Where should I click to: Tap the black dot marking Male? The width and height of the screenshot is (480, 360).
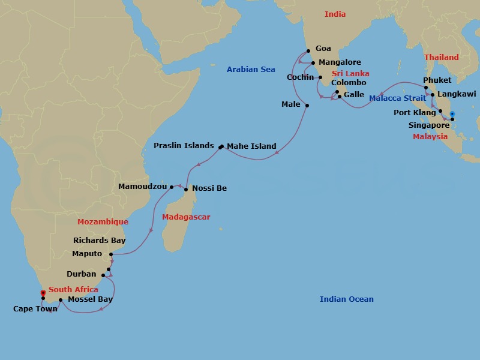click(307, 106)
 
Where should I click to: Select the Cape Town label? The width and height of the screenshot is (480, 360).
click(35, 309)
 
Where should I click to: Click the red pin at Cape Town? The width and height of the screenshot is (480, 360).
click(43, 293)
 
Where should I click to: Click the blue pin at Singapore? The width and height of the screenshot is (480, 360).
click(452, 114)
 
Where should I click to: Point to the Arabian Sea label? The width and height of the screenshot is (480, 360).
click(251, 70)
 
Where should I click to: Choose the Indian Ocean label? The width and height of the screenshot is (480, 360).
click(346, 299)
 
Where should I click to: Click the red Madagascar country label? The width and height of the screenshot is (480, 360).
click(186, 217)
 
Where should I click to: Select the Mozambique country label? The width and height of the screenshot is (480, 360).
click(103, 222)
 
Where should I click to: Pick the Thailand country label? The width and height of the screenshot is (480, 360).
click(441, 58)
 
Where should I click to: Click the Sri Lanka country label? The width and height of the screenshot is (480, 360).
click(350, 74)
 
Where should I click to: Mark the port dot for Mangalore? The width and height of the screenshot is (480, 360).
click(313, 62)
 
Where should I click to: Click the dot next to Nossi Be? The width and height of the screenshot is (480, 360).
click(186, 190)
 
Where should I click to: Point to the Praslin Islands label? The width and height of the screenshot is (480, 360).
click(184, 146)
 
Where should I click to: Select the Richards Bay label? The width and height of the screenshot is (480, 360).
click(100, 241)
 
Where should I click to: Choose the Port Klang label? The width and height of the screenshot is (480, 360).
click(415, 113)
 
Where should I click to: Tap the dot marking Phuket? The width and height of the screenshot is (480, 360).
click(425, 88)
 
